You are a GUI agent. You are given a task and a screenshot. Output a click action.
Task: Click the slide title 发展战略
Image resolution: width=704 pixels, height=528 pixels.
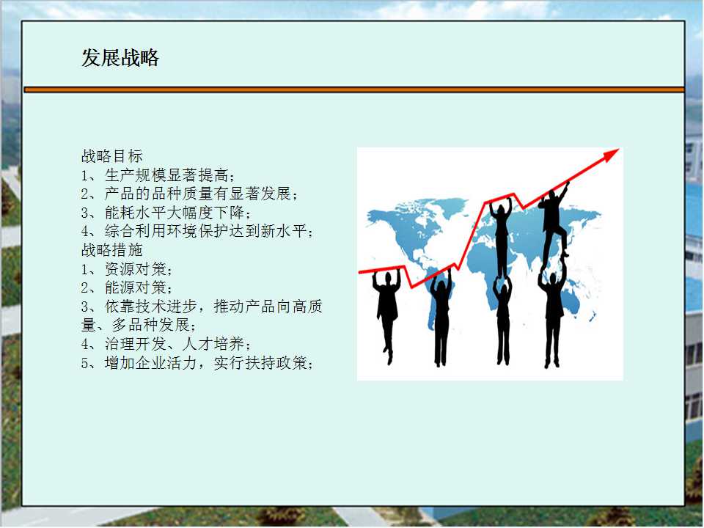(120, 58)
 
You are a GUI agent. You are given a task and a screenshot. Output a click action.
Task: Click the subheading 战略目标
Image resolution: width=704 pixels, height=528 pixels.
(111, 156)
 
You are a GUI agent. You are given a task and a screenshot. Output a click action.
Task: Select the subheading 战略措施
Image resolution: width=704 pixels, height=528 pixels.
(111, 250)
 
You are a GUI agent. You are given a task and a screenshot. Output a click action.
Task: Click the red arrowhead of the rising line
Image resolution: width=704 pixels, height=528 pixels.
(611, 155)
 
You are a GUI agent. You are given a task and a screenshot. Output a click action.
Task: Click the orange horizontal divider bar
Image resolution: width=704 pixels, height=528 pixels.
(353, 89)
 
